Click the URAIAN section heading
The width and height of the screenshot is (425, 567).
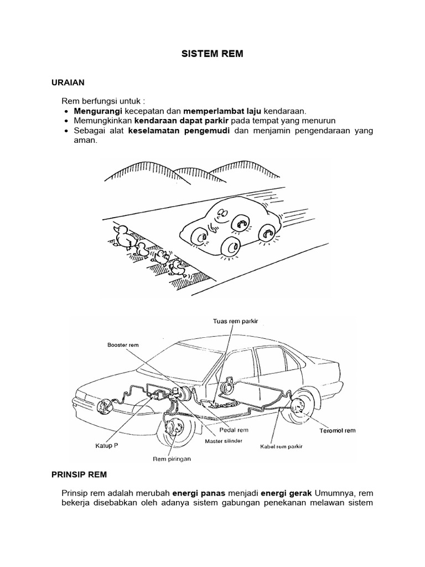(68, 83)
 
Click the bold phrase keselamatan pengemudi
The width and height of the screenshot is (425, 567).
(179, 131)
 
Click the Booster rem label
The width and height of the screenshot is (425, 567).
(123, 344)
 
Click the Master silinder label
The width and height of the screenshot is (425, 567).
(223, 441)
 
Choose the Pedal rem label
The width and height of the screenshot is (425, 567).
(236, 430)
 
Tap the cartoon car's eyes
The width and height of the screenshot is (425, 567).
(220, 214)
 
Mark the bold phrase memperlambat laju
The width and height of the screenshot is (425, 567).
(223, 111)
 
